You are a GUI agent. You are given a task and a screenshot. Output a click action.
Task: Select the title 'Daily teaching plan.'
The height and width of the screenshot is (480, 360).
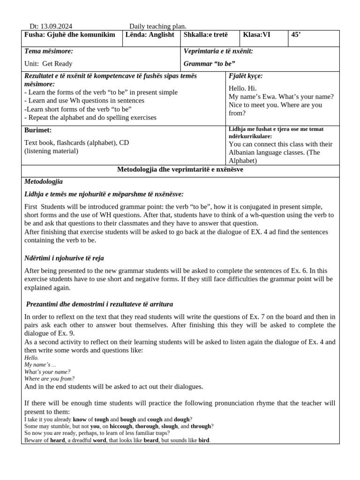point(158,27)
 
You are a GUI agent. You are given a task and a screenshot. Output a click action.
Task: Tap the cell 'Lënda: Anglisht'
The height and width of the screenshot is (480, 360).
point(149,35)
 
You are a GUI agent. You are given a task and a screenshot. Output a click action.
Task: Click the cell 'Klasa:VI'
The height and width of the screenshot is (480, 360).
point(256,35)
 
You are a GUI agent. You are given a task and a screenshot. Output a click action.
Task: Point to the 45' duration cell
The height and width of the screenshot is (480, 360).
point(296,35)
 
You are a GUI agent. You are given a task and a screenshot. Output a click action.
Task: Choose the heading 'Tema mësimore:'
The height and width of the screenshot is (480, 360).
point(48,51)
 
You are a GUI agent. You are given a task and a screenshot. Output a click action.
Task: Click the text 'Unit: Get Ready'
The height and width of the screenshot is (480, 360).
point(48,64)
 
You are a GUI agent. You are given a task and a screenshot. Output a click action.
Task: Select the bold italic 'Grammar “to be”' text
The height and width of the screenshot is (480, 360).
point(210,64)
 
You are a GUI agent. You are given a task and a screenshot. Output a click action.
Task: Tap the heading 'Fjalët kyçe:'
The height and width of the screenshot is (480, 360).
point(246,76)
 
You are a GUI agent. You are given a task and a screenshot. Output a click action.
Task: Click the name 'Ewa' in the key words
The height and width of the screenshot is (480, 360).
point(276,97)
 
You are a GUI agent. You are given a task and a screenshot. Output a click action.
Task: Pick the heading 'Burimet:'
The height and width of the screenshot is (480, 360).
point(37,130)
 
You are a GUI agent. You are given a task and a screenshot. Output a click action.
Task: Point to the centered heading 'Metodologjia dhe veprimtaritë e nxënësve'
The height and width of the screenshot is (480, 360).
point(180,170)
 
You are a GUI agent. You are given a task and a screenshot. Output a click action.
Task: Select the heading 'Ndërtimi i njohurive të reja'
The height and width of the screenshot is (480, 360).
point(64,258)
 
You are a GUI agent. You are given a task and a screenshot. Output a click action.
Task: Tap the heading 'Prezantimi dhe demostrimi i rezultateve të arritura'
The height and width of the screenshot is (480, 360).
point(99,304)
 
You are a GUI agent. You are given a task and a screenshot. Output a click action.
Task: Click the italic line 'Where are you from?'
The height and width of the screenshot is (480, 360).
point(49,379)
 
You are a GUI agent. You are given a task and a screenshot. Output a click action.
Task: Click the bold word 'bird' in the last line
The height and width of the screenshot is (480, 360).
point(203,441)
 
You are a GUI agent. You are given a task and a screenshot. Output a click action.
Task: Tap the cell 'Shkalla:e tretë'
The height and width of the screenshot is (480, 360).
point(206,35)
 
